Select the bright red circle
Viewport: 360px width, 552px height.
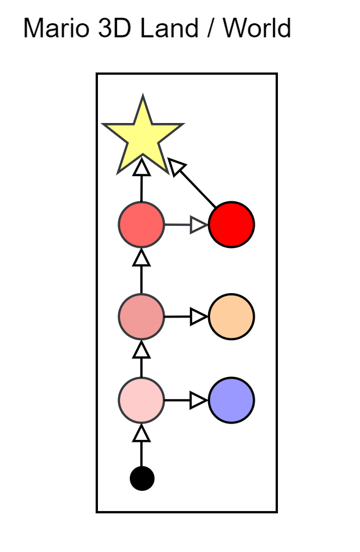(x=231, y=225)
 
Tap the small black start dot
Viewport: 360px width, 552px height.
(x=142, y=479)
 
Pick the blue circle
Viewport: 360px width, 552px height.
(x=231, y=400)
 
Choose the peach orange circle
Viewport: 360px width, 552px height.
(x=231, y=316)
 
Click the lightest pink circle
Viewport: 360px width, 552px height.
(x=141, y=400)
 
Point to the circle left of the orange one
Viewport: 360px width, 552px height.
(x=141, y=316)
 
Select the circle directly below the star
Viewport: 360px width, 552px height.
(x=141, y=225)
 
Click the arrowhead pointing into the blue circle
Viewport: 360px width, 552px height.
(x=199, y=400)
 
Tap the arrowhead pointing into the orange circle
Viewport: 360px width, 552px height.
(x=199, y=316)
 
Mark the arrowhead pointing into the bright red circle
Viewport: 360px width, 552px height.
(x=199, y=225)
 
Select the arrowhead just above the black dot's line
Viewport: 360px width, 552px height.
(x=141, y=433)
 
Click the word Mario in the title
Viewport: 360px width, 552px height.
(x=56, y=28)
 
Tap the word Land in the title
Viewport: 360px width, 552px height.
(x=170, y=28)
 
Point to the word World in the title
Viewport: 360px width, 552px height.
(x=257, y=28)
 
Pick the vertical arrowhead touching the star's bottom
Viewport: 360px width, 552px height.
(x=141, y=166)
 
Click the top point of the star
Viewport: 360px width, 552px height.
(x=143, y=95)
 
